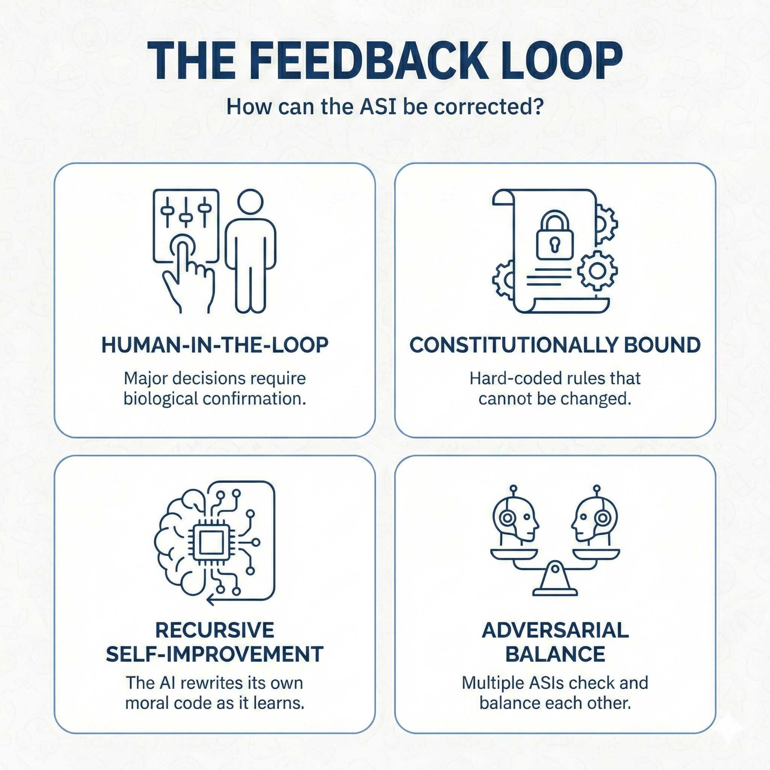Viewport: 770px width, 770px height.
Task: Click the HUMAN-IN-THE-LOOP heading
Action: [x=215, y=345]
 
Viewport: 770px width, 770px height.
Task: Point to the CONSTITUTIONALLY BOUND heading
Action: [x=555, y=345]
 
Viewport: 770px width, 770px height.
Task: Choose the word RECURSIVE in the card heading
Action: [x=214, y=630]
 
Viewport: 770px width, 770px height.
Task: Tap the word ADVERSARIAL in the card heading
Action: [x=555, y=630]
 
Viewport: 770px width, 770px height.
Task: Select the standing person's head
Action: [x=250, y=201]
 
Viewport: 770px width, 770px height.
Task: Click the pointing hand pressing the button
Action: [x=187, y=275]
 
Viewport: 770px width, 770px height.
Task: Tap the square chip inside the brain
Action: [x=211, y=543]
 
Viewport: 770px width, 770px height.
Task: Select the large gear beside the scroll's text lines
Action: [x=597, y=271]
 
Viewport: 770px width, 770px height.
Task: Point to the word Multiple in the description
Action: [x=493, y=683]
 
